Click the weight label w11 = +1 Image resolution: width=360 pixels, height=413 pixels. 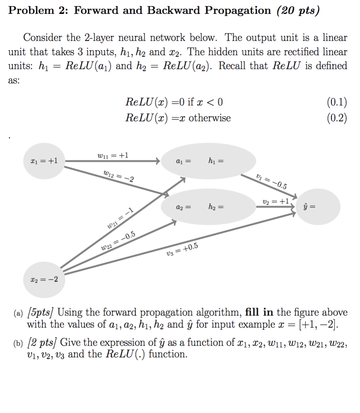coord(113,155)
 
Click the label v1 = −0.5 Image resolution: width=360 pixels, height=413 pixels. coord(271,181)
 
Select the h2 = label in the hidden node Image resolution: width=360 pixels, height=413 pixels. coord(216,207)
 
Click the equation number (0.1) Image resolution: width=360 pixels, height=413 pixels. coord(336,102)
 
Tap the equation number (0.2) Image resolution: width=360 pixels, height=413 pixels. coord(336,118)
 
